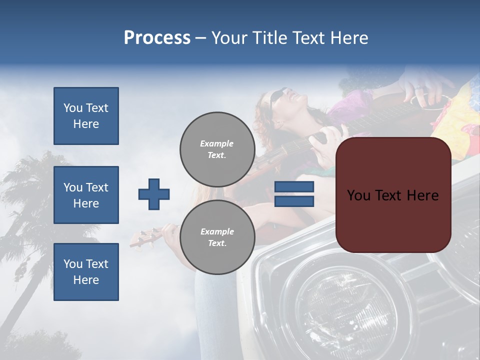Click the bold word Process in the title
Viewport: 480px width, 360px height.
[157, 38]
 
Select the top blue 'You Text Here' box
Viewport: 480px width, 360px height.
[86, 116]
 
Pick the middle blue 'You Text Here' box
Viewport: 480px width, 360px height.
[86, 195]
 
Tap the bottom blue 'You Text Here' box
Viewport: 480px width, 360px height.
[86, 272]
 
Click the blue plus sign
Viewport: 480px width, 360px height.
[154, 194]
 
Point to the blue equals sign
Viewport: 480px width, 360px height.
[294, 194]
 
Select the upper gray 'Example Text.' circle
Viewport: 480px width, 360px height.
[217, 149]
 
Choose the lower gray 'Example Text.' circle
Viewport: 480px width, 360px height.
[217, 237]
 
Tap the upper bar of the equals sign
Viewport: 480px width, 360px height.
[294, 187]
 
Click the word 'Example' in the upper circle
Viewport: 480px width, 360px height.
[217, 143]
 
